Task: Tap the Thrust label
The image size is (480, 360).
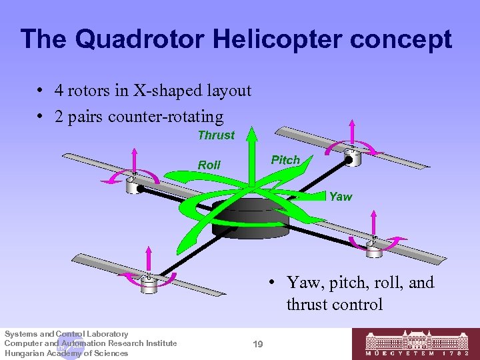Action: [216, 135]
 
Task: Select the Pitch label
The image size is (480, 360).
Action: [285, 160]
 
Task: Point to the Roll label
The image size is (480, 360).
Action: [209, 165]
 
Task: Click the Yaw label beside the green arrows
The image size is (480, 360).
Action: [341, 197]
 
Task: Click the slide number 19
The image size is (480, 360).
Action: [258, 344]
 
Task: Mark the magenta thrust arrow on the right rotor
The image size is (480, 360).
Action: [374, 223]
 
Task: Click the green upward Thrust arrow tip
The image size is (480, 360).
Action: [251, 133]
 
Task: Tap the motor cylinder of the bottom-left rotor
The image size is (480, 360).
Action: [148, 285]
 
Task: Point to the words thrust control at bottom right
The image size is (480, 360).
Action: [335, 305]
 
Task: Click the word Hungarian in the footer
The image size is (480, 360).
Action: [24, 353]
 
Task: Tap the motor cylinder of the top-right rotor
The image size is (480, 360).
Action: [351, 158]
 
